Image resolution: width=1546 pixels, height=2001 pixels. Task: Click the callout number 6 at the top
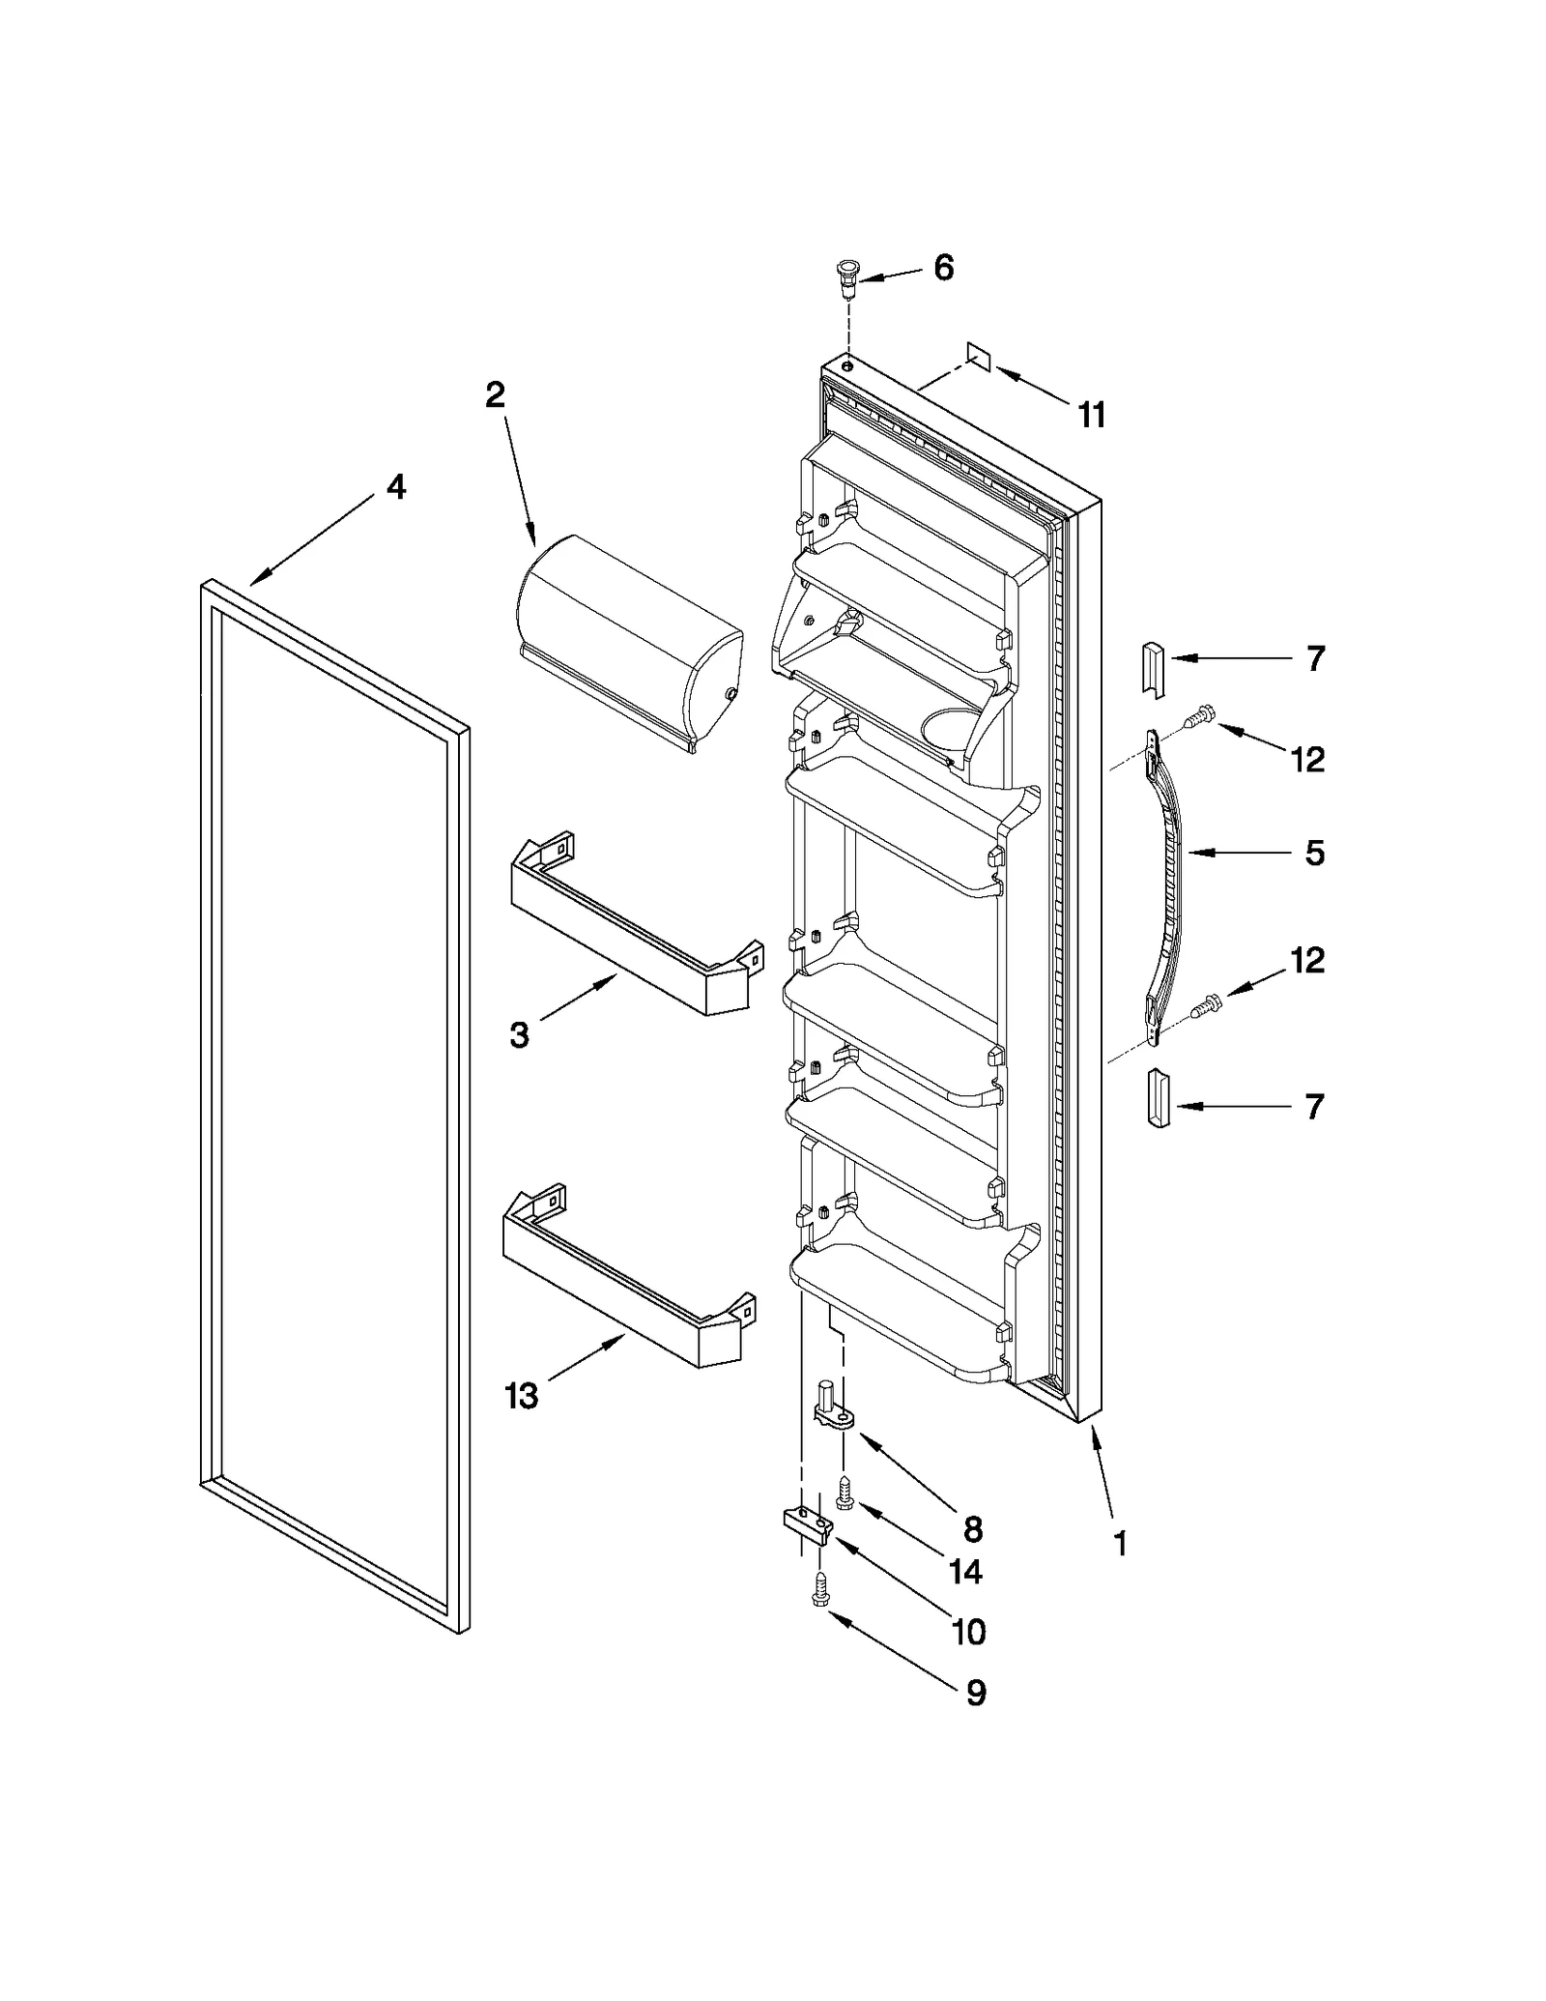(x=943, y=268)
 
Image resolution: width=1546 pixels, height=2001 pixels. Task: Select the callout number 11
(x=1091, y=416)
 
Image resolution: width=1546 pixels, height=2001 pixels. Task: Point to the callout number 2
(x=495, y=394)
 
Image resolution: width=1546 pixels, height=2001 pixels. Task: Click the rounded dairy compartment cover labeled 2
(x=628, y=643)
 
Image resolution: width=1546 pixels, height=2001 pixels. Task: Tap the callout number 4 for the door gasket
(x=396, y=486)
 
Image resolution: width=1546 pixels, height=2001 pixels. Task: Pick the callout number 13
(x=522, y=1396)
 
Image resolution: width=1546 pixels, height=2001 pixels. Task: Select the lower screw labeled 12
(x=1205, y=1007)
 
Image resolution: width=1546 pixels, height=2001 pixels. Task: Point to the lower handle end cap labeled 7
(x=1156, y=1098)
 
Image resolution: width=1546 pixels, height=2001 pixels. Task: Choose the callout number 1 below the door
(x=1120, y=1544)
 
